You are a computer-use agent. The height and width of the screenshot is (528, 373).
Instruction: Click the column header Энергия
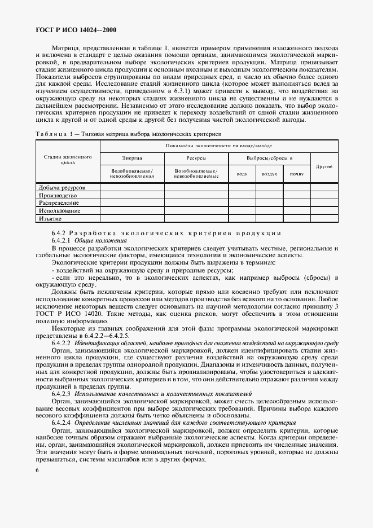pyautogui.click(x=132, y=159)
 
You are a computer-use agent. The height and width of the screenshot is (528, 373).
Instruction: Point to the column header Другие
pyautogui.click(x=324, y=167)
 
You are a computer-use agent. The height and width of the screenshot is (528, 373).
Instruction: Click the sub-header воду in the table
pyautogui.click(x=242, y=174)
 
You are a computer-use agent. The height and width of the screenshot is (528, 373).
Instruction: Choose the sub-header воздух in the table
pyautogui.click(x=269, y=174)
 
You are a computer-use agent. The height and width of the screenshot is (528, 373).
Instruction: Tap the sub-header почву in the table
pyautogui.click(x=297, y=174)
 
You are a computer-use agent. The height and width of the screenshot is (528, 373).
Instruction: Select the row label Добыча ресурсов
pyautogui.click(x=62, y=187)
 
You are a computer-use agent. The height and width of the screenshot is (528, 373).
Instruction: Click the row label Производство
pyautogui.click(x=58, y=195)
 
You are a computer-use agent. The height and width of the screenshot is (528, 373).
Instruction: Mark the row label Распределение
pyautogui.click(x=59, y=203)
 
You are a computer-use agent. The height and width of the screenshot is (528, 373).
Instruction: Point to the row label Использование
pyautogui.click(x=59, y=210)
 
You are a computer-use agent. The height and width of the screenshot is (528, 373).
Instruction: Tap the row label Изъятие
pyautogui.click(x=50, y=218)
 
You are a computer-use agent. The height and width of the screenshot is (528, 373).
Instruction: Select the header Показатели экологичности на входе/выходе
pyautogui.click(x=219, y=146)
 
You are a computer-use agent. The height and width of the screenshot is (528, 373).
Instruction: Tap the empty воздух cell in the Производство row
pyautogui.click(x=269, y=195)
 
